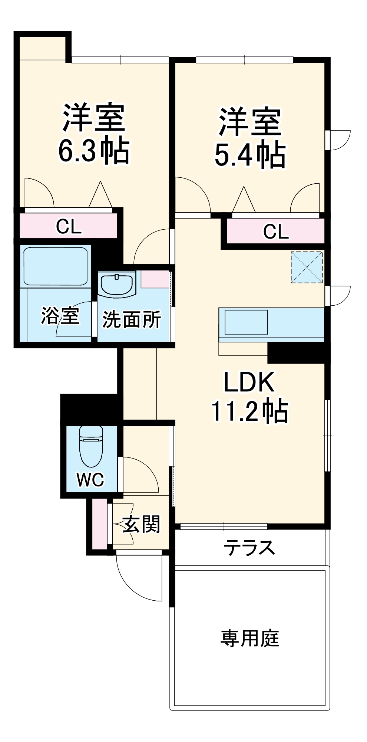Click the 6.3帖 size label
[x=94, y=151]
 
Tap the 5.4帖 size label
[x=250, y=155]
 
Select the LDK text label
[x=249, y=382]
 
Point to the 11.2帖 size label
[x=249, y=411]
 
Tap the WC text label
[x=90, y=480]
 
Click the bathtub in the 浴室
[x=56, y=266]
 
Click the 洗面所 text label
[x=132, y=319]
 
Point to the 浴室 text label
[x=60, y=316]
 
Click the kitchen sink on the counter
[x=246, y=322]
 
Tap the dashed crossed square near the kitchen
[x=307, y=267]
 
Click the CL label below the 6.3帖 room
[x=69, y=226]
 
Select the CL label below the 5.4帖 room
[x=275, y=232]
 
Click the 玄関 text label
[x=141, y=524]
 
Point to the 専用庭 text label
[x=249, y=638]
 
